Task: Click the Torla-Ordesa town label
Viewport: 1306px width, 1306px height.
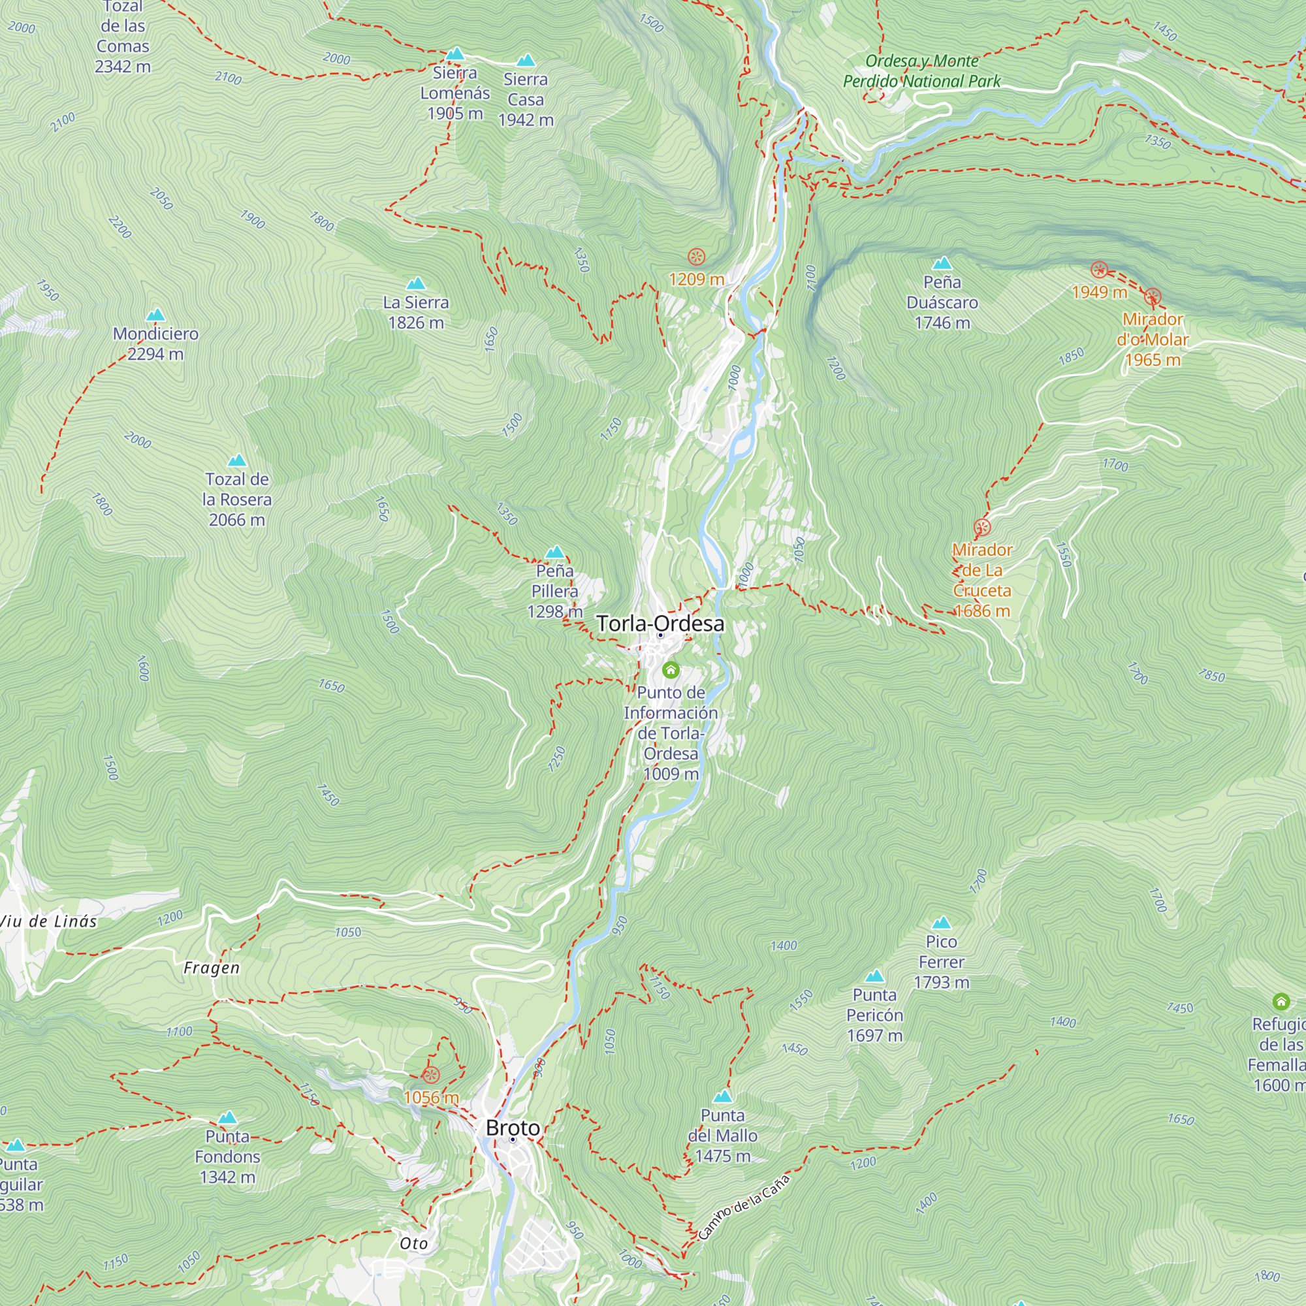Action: point(660,623)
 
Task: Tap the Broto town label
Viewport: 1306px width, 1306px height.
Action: point(513,1128)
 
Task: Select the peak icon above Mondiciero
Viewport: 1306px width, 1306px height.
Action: point(155,315)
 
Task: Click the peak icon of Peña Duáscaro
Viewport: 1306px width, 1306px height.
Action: point(942,263)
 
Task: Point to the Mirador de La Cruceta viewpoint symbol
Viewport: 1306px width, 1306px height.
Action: point(981,527)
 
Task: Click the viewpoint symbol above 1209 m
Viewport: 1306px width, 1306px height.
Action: point(696,257)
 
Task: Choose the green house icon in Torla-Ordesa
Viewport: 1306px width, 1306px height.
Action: point(671,670)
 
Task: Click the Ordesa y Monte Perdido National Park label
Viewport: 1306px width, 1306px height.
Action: point(921,71)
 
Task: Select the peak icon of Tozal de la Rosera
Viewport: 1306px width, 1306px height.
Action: point(236,461)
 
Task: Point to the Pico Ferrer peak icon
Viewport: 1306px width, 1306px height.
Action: point(941,923)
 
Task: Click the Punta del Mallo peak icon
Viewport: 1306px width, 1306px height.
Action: point(723,1096)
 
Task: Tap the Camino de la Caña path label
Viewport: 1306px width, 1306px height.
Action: point(744,1207)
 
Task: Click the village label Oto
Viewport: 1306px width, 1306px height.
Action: point(414,1244)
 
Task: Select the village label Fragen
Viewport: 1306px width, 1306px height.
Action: point(212,968)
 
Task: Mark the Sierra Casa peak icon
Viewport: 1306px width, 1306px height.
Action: point(525,61)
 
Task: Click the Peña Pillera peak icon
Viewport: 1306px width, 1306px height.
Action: point(554,552)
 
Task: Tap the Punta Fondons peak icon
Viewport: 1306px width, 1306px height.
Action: point(227,1118)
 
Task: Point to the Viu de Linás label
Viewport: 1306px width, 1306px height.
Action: point(49,921)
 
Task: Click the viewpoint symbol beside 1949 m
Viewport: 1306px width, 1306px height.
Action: point(1099,270)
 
